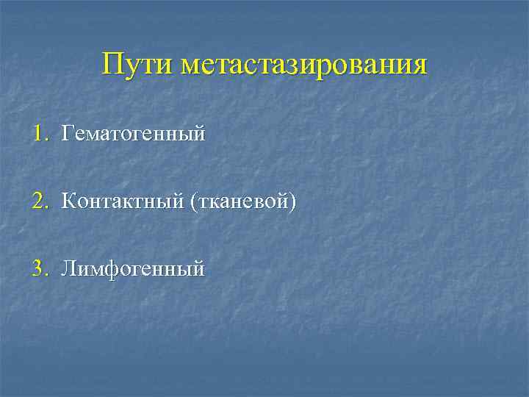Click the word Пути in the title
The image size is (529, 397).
[137, 64]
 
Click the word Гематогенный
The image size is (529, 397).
[133, 135]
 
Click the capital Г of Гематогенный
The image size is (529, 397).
[68, 134]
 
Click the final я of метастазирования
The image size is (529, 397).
[419, 65]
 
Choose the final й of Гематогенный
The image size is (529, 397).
[198, 135]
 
